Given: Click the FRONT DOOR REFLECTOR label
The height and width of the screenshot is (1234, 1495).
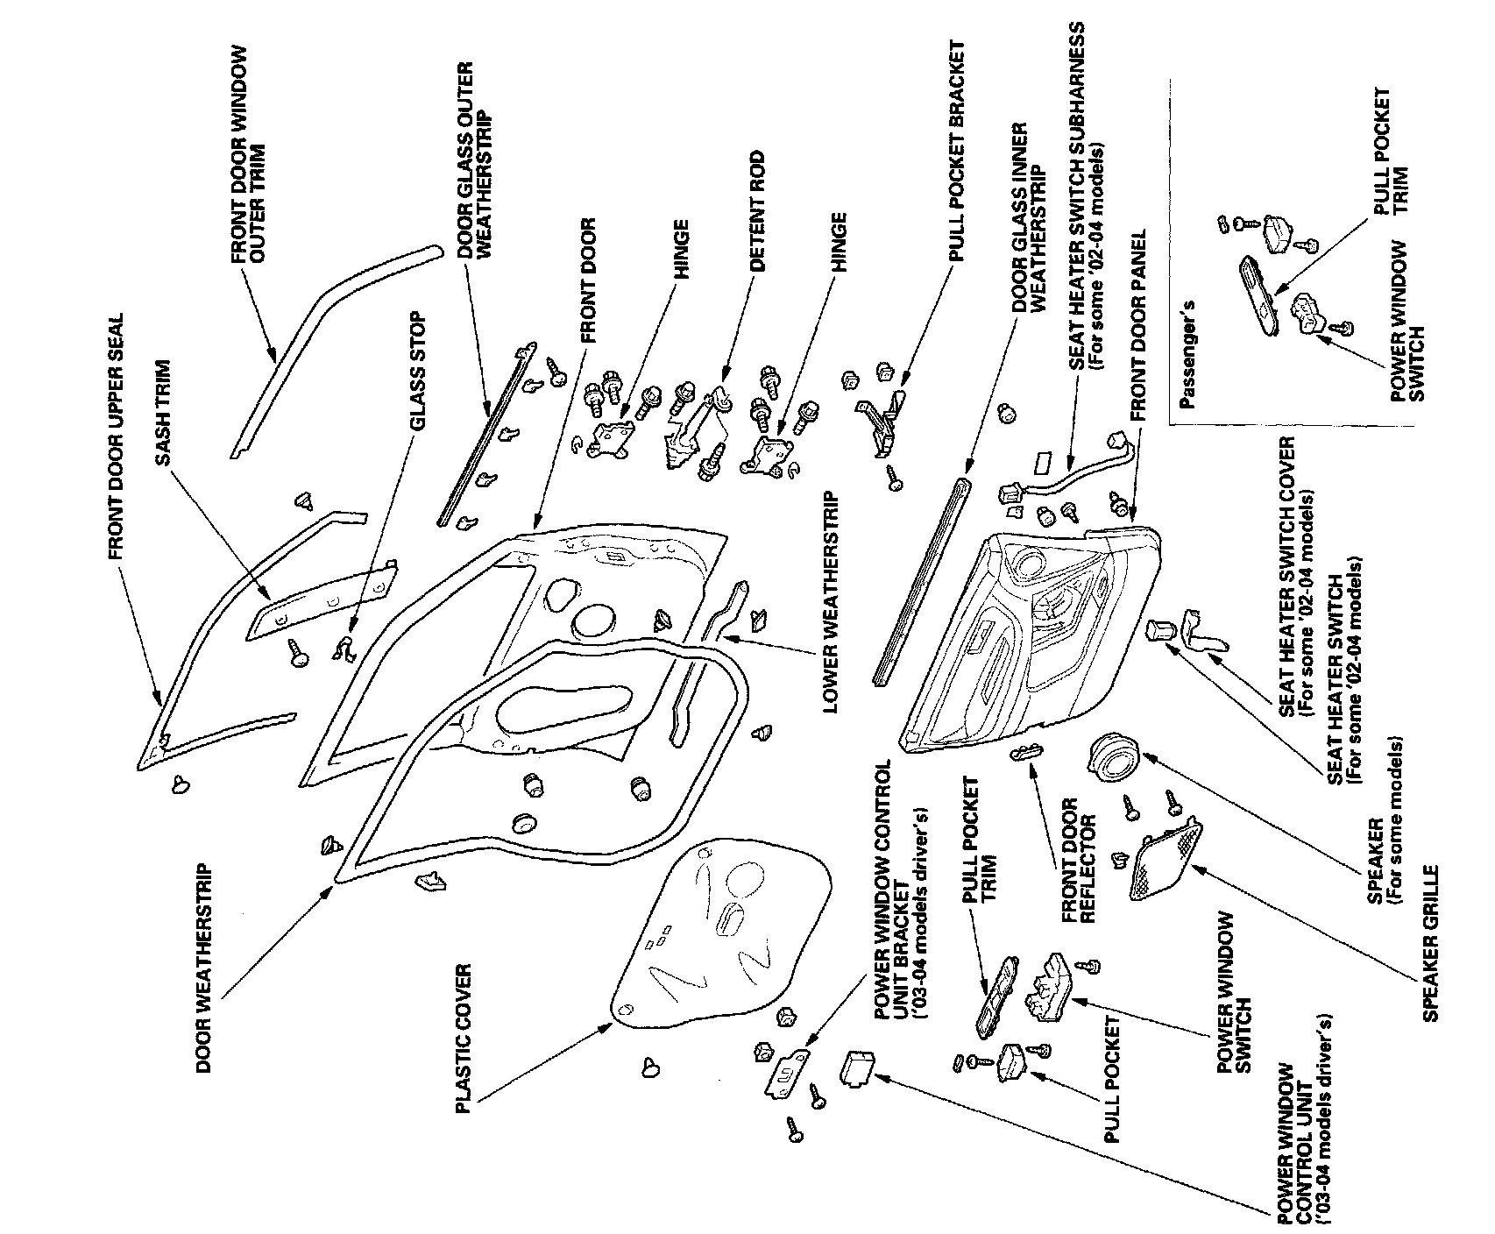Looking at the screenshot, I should tap(1079, 859).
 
